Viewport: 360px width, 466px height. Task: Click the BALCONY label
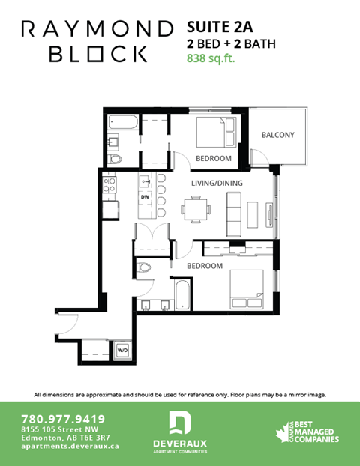click(x=277, y=135)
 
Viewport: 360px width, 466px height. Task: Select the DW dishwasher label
click(x=145, y=196)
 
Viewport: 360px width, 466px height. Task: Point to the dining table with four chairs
click(x=196, y=208)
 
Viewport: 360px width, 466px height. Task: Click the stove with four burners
click(x=109, y=184)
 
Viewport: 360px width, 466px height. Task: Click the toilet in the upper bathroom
click(x=115, y=159)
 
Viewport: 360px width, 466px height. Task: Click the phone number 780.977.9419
click(x=63, y=418)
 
